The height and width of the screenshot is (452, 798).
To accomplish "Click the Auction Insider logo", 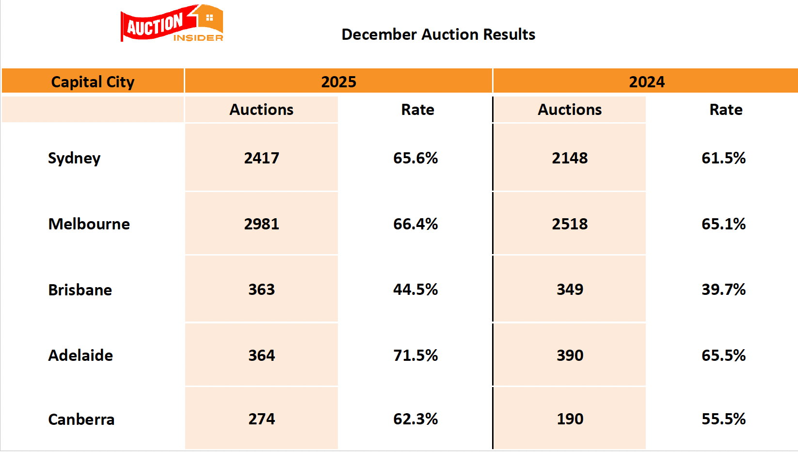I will (x=172, y=24).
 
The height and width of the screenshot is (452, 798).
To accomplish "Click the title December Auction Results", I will (x=438, y=34).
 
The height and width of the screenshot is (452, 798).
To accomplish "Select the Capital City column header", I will (x=93, y=81).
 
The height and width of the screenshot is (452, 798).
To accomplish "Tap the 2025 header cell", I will (x=338, y=81).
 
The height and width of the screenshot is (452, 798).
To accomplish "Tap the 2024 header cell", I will (x=646, y=81).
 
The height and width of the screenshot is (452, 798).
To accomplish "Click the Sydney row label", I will (x=74, y=158).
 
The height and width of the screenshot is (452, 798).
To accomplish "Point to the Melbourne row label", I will (x=89, y=224).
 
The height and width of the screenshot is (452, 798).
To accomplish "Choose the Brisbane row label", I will (x=80, y=290).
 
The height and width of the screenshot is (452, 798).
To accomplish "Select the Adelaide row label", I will (x=80, y=355).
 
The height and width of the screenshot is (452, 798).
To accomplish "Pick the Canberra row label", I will (x=81, y=420).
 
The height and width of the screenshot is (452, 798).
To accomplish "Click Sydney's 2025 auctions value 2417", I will (x=261, y=158).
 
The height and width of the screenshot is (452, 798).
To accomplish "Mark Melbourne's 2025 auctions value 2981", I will (x=261, y=224).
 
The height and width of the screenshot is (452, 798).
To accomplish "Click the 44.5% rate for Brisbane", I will (x=415, y=290).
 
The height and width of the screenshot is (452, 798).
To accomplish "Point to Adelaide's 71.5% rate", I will (x=415, y=355).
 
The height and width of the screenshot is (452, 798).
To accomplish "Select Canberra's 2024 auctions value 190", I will (x=570, y=419).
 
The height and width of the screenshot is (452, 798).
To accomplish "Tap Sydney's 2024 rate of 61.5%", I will (x=723, y=158).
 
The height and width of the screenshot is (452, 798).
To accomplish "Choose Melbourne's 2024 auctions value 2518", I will (x=570, y=224).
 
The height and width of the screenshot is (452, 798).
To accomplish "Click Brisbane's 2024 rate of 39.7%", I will (x=723, y=290).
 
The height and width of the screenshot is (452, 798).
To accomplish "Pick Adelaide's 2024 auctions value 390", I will (x=570, y=355).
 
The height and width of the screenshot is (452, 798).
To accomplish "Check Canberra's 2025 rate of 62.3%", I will (x=415, y=419).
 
